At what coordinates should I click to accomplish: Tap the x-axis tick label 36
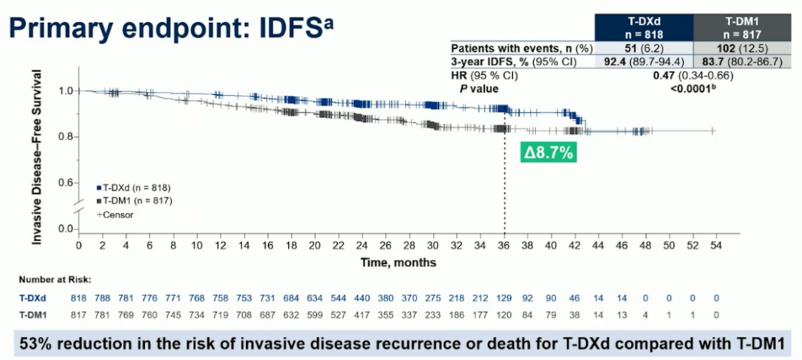pyautogui.click(x=504, y=245)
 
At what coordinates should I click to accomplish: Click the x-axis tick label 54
pyautogui.click(x=716, y=245)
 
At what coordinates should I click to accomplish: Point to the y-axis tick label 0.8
pyautogui.click(x=65, y=137)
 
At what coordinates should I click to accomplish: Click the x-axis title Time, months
pyautogui.click(x=398, y=262)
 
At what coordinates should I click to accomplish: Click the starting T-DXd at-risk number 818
pyautogui.click(x=78, y=297)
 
